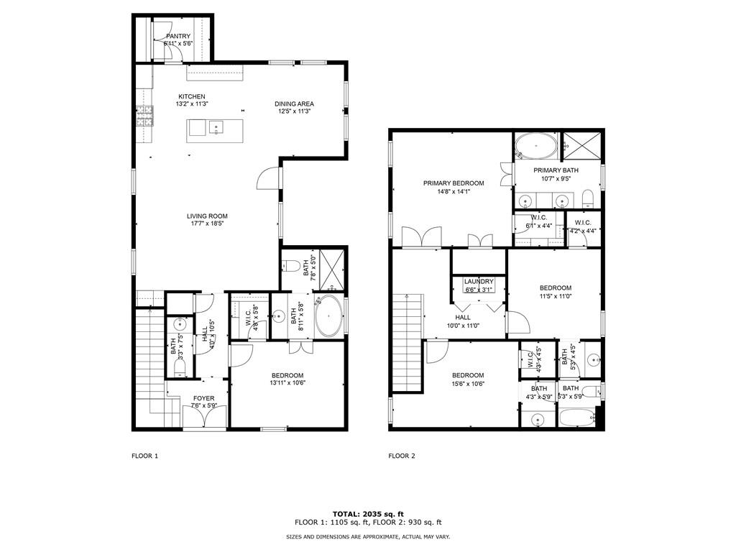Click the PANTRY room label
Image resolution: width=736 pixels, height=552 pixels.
178,36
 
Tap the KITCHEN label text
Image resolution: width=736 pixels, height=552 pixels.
192,96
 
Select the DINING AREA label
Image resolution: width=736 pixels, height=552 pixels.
294,104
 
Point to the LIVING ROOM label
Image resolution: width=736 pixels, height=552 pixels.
207,216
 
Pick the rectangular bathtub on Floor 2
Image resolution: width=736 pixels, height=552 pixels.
579,417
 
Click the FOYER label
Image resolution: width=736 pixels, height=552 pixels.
203,398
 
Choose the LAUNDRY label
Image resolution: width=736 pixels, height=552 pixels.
479,281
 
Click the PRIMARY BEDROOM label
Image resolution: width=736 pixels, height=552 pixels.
454,183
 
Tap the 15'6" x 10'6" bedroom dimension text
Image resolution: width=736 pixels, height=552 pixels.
467,384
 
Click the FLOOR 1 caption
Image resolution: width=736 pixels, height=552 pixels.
144,456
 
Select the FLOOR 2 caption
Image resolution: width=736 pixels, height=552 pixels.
402,456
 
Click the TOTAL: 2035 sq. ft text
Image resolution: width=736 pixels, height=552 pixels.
368,514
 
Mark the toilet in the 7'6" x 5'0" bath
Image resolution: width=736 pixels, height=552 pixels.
292,264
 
